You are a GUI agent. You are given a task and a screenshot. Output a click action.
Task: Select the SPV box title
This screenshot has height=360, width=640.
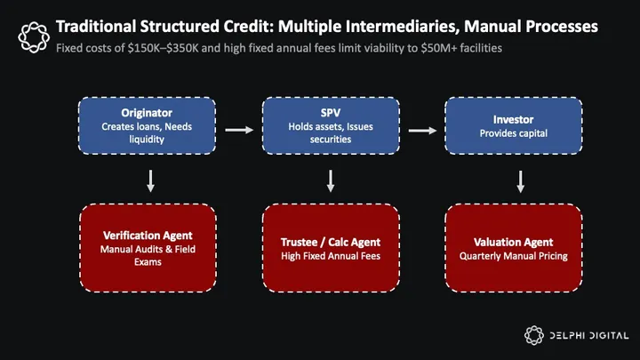click(x=330, y=113)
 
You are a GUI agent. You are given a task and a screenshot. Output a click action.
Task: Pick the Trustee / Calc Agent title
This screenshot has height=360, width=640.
click(x=330, y=242)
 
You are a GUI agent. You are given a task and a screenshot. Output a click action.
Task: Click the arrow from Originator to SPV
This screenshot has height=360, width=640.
click(x=239, y=131)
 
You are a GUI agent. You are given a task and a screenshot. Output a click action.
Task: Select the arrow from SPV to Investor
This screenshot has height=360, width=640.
click(x=423, y=131)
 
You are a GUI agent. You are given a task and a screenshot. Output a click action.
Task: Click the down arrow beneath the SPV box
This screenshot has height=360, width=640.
click(x=331, y=180)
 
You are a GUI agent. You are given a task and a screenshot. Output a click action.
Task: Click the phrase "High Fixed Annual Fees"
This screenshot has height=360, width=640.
click(x=330, y=256)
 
